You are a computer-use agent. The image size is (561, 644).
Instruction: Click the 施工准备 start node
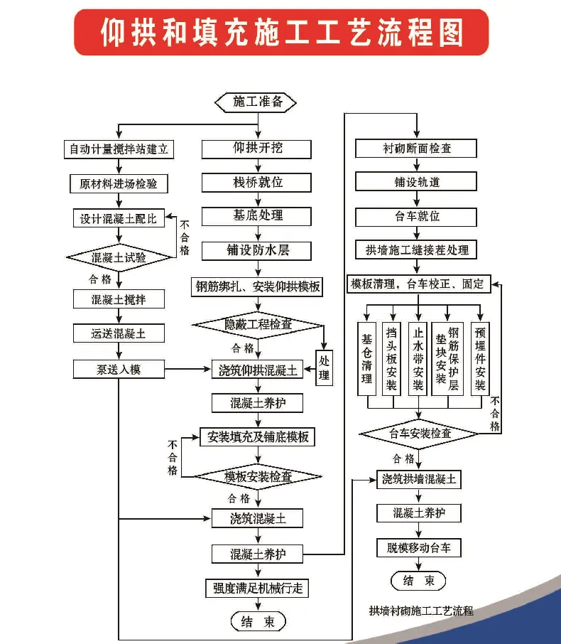pyautogui.click(x=258, y=102)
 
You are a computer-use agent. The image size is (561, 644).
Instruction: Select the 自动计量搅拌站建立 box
pyautogui.click(x=119, y=149)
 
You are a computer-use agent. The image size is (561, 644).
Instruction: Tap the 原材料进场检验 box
pyautogui.click(x=119, y=183)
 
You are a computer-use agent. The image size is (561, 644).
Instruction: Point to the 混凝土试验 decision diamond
pyautogui.click(x=119, y=257)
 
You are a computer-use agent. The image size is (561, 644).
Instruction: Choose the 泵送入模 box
pyautogui.click(x=119, y=369)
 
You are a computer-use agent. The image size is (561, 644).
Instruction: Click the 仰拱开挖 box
pyautogui.click(x=258, y=149)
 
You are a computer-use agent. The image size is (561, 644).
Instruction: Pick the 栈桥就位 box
pyautogui.click(x=258, y=182)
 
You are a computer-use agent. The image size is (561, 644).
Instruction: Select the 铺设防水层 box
pyautogui.click(x=258, y=250)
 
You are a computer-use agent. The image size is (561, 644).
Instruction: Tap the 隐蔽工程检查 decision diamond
pyautogui.click(x=258, y=324)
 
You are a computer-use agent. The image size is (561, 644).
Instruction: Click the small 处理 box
pyautogui.click(x=324, y=367)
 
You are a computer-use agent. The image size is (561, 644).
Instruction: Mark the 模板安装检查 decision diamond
pyautogui.click(x=258, y=476)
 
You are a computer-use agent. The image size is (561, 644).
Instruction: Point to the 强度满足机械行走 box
pyautogui.click(x=258, y=588)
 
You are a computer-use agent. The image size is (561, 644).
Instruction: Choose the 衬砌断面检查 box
pyautogui.click(x=417, y=149)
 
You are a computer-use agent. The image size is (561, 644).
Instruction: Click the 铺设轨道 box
pyautogui.click(x=417, y=182)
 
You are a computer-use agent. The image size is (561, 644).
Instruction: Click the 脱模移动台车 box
pyautogui.click(x=419, y=547)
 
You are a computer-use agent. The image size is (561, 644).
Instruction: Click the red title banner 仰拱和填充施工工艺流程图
pyautogui.click(x=281, y=32)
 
